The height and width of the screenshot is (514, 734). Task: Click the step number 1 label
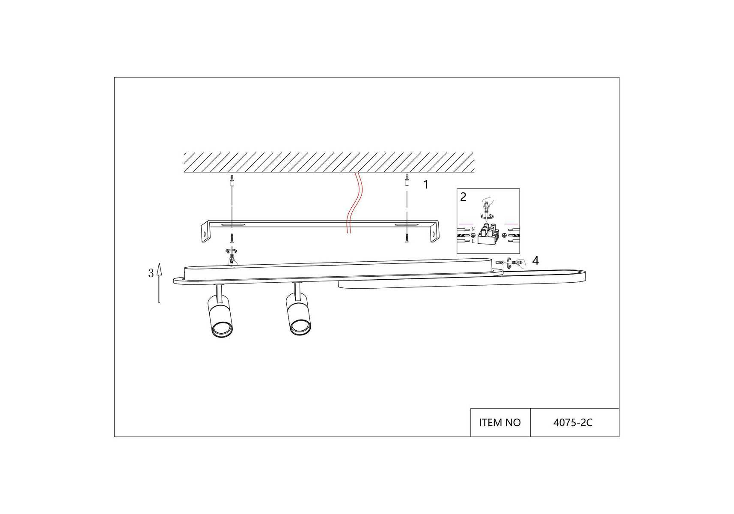[425, 185]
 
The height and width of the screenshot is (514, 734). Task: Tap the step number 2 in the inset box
[463, 197]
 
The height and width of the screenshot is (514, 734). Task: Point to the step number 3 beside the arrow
[151, 273]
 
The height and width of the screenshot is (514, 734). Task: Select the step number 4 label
[535, 260]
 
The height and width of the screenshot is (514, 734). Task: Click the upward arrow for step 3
[159, 283]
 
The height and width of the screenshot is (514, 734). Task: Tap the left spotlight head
[220, 317]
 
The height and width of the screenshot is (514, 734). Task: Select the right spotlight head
[299, 315]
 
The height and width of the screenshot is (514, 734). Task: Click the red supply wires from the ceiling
[354, 203]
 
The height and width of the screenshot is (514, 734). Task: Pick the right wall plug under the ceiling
[407, 180]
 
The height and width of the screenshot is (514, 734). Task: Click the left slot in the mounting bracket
[232, 224]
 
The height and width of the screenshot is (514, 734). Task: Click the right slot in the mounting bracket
[407, 224]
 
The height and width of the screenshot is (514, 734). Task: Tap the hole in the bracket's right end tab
[435, 235]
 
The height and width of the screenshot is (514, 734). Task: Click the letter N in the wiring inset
[473, 230]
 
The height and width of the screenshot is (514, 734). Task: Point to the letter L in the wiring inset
[473, 241]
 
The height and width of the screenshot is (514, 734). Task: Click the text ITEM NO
[500, 423]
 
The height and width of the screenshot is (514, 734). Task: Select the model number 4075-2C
[573, 423]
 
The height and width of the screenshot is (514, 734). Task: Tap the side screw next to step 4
[500, 262]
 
